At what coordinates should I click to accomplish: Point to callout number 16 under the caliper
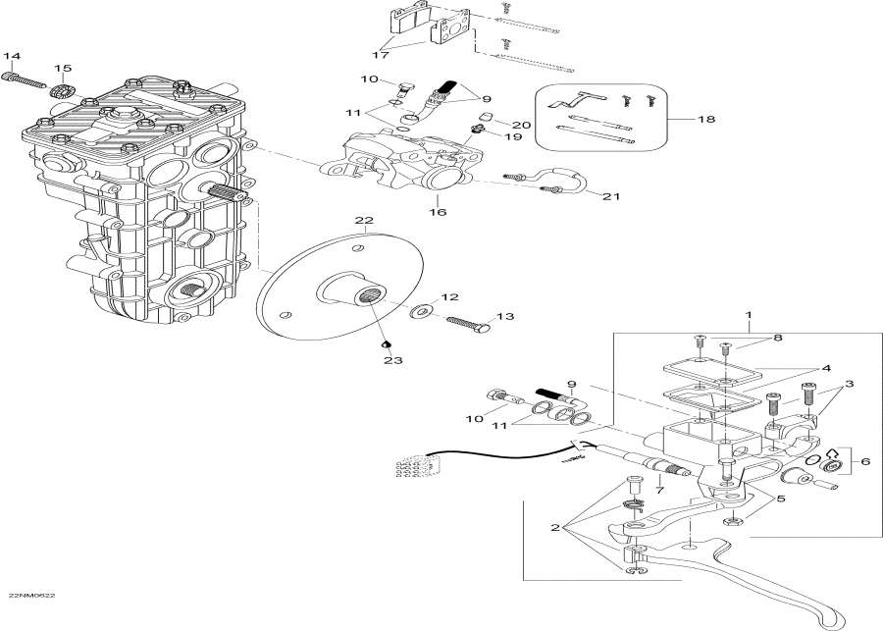[x=437, y=212]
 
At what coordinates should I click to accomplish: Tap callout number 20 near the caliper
[x=521, y=125]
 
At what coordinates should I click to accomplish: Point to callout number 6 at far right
[x=864, y=462]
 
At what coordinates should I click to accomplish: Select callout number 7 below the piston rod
[x=659, y=489]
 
